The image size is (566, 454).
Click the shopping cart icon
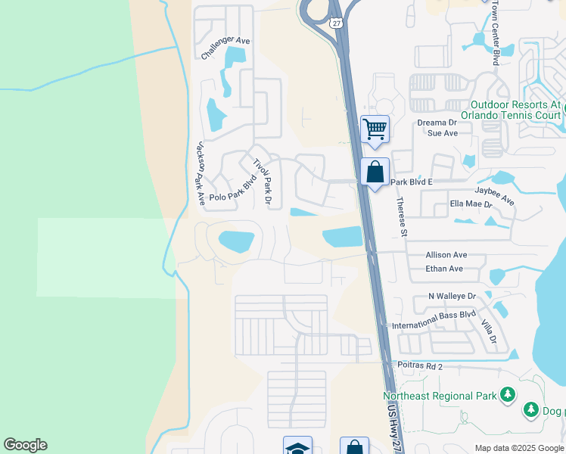375,129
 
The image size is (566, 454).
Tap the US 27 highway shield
336,23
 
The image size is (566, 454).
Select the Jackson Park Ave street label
200,173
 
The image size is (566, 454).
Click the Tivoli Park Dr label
262,182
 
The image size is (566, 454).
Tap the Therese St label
402,217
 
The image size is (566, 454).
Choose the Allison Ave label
446,256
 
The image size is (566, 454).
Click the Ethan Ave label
444,269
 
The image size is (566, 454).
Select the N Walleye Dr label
452,297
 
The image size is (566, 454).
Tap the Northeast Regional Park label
439,396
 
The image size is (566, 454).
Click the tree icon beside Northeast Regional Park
507,394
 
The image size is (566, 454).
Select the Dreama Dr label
437,122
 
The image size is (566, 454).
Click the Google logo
25,445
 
